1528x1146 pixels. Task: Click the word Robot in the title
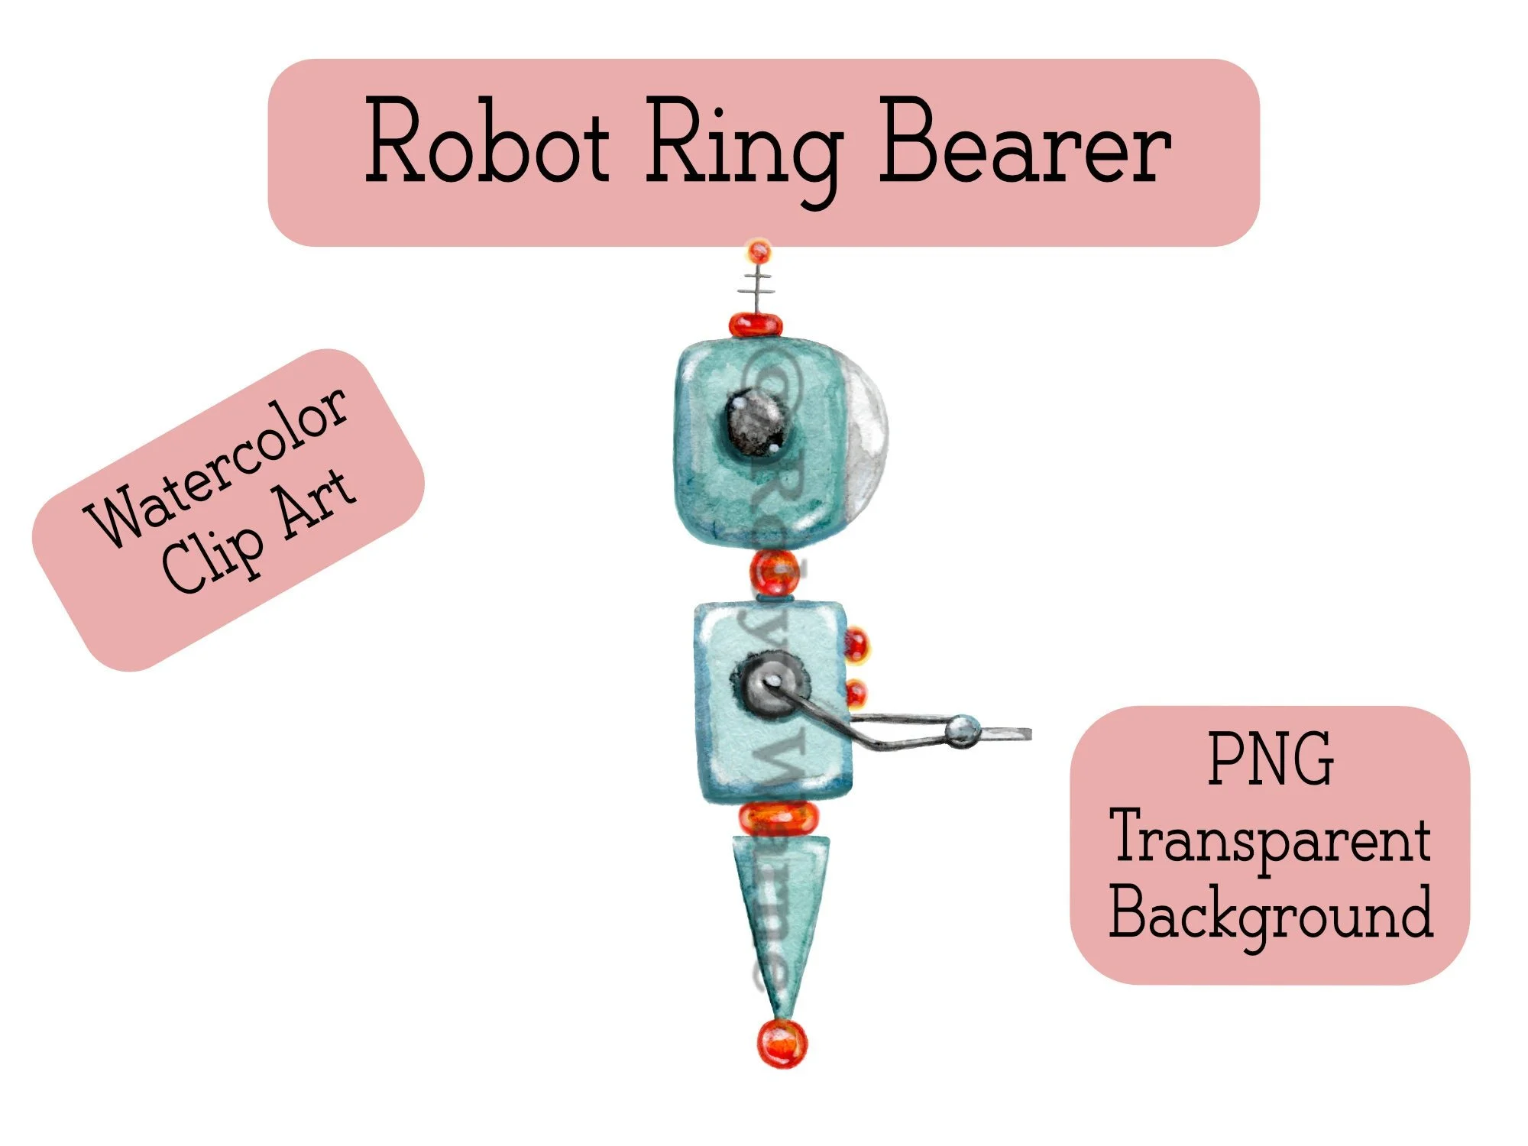(x=487, y=142)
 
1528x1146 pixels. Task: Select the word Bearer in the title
(x=1024, y=142)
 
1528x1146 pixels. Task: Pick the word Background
(x=1271, y=913)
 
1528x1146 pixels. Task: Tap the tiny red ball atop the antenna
(x=759, y=250)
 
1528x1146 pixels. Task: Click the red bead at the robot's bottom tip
(x=782, y=1043)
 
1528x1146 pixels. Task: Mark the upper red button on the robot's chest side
(x=856, y=643)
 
